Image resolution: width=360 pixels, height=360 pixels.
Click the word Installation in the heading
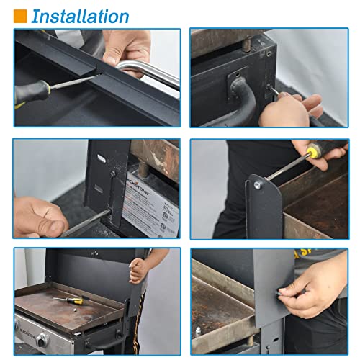80,16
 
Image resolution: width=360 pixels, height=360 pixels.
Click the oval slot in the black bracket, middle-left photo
98,189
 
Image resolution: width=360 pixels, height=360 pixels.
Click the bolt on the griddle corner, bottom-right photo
199,330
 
